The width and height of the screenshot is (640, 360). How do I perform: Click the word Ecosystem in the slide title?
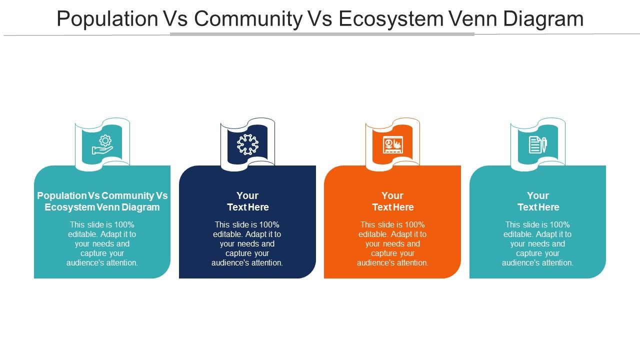pos(391,19)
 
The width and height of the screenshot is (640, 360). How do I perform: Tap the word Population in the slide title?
pos(107,19)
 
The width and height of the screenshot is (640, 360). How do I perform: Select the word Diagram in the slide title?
pos(543,19)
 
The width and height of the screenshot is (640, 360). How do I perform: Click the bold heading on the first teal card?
pos(102,201)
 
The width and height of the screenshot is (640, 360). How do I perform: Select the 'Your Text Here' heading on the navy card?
pos(247,201)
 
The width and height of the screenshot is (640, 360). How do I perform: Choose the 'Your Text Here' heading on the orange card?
pos(392,201)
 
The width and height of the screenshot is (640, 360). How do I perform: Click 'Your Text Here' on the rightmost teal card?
pos(538,201)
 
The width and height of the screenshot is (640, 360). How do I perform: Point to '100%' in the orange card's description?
pos(414,224)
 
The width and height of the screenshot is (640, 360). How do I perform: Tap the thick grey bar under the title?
pos(322,34)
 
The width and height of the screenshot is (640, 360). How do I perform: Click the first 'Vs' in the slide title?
pos(175,19)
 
